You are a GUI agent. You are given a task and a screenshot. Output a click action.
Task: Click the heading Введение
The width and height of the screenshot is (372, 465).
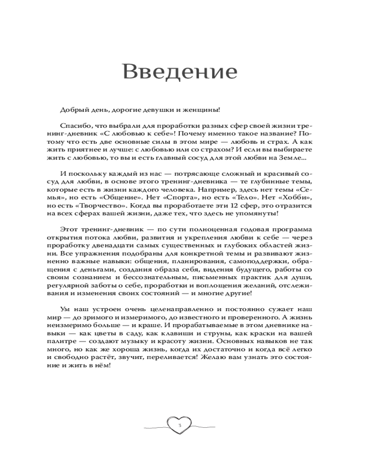coord(179,73)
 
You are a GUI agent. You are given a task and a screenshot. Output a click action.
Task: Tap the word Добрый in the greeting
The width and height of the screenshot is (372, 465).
coord(71,110)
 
